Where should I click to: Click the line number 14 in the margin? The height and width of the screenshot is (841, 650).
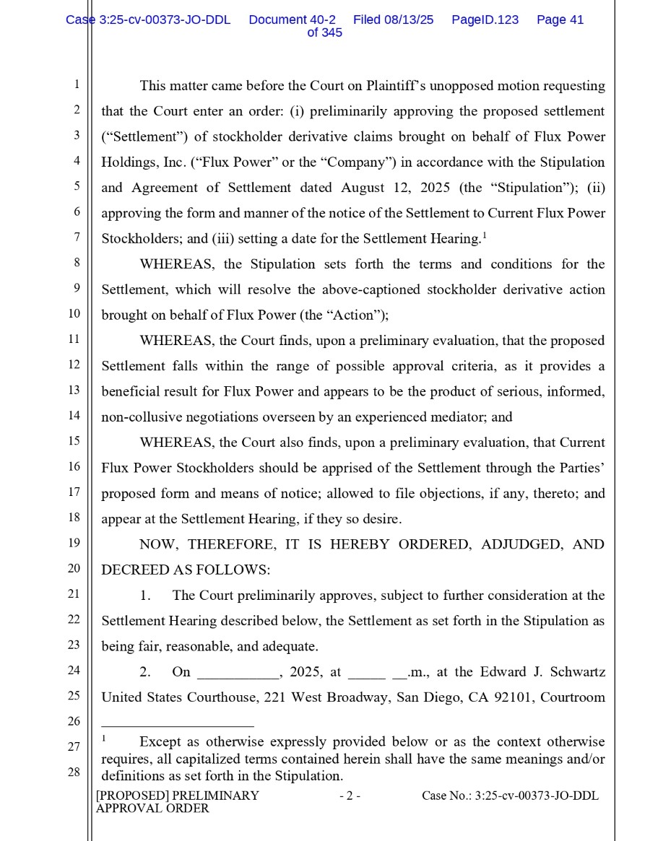click(x=74, y=415)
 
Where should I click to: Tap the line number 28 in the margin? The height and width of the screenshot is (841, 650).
click(x=74, y=772)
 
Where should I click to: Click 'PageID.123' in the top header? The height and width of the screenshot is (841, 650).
click(x=485, y=20)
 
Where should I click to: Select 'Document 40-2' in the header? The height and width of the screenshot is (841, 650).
click(x=292, y=20)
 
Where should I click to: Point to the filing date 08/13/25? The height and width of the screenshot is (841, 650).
click(x=409, y=20)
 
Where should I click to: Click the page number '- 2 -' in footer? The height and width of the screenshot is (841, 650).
click(x=350, y=796)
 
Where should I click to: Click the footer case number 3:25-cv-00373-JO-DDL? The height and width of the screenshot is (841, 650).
click(x=537, y=796)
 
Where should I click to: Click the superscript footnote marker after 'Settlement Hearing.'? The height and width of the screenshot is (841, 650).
click(x=484, y=235)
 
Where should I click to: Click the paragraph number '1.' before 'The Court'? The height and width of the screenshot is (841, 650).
click(x=145, y=596)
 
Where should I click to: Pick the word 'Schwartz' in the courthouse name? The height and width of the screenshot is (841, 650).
click(x=578, y=672)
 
